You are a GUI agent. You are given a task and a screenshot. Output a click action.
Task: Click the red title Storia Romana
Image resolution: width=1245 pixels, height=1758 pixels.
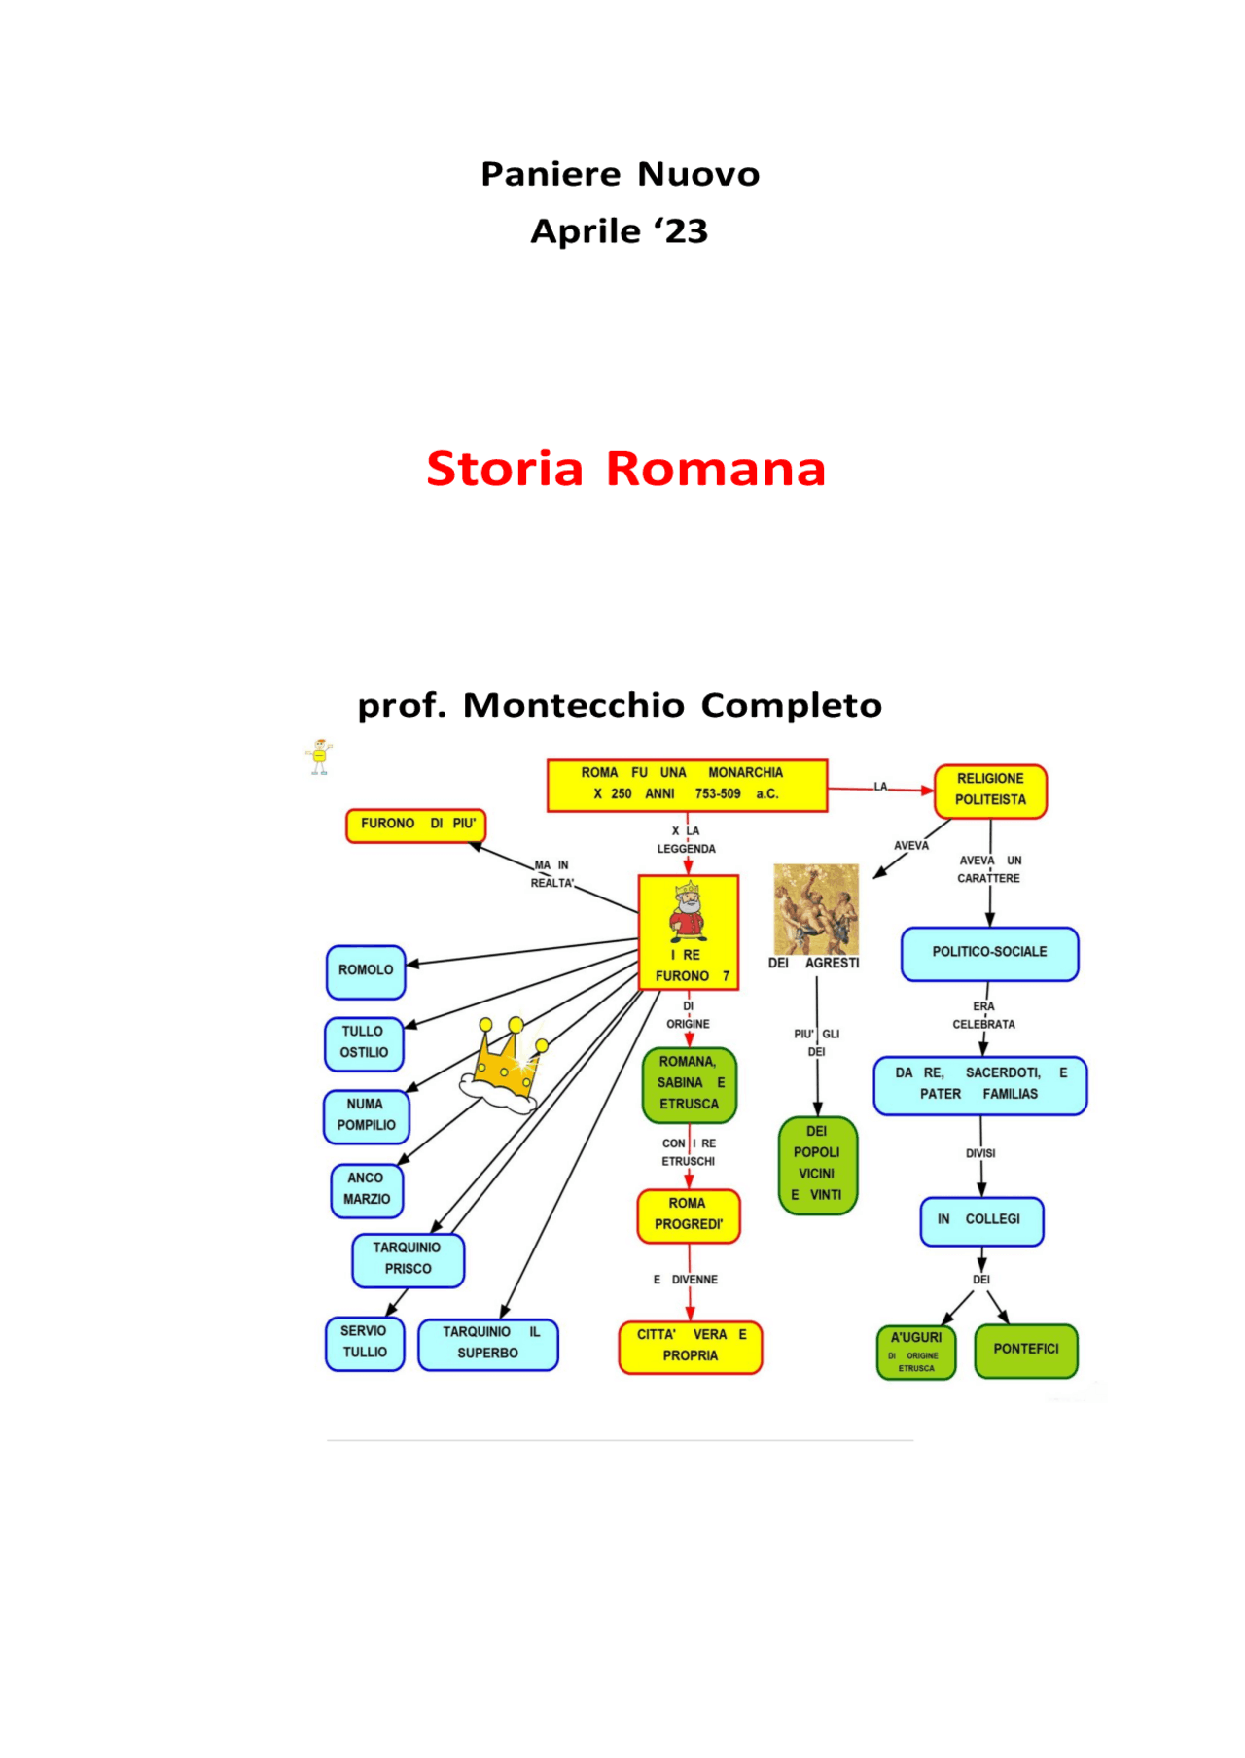625,469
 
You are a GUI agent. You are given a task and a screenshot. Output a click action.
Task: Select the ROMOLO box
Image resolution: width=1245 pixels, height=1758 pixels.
366,971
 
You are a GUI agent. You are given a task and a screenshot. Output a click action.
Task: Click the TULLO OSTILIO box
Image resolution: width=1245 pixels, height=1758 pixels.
364,1043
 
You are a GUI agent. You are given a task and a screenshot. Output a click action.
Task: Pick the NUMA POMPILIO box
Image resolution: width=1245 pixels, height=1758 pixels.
366,1116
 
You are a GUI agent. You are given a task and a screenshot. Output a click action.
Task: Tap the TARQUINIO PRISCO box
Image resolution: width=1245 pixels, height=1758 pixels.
408,1259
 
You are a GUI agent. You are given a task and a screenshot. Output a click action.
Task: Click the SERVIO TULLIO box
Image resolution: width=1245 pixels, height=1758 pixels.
365,1343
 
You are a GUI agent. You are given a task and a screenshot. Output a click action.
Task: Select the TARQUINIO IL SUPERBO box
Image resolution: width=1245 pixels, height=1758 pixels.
488,1344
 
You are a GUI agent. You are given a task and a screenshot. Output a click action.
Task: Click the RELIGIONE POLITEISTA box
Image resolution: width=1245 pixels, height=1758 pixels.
990,791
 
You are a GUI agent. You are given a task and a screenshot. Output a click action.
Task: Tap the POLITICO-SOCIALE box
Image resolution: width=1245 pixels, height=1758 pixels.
989,953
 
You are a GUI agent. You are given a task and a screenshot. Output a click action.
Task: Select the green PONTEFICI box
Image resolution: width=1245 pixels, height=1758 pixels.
1025,1350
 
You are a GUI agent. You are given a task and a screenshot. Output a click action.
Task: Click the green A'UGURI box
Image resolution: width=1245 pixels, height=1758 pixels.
916,1352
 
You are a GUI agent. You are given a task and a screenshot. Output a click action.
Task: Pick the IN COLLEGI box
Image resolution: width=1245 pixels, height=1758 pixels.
981,1220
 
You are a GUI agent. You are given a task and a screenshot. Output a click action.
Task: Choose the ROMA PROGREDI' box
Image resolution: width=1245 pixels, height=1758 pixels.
689,1215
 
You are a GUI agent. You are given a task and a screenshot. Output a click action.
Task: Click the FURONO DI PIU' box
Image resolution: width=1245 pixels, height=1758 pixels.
416,825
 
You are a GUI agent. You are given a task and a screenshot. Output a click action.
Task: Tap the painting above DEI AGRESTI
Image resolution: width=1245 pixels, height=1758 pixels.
816,909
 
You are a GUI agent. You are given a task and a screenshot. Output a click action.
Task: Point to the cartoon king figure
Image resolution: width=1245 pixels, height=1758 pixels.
688,911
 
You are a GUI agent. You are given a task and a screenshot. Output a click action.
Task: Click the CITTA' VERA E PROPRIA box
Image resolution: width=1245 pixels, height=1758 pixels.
691,1347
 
